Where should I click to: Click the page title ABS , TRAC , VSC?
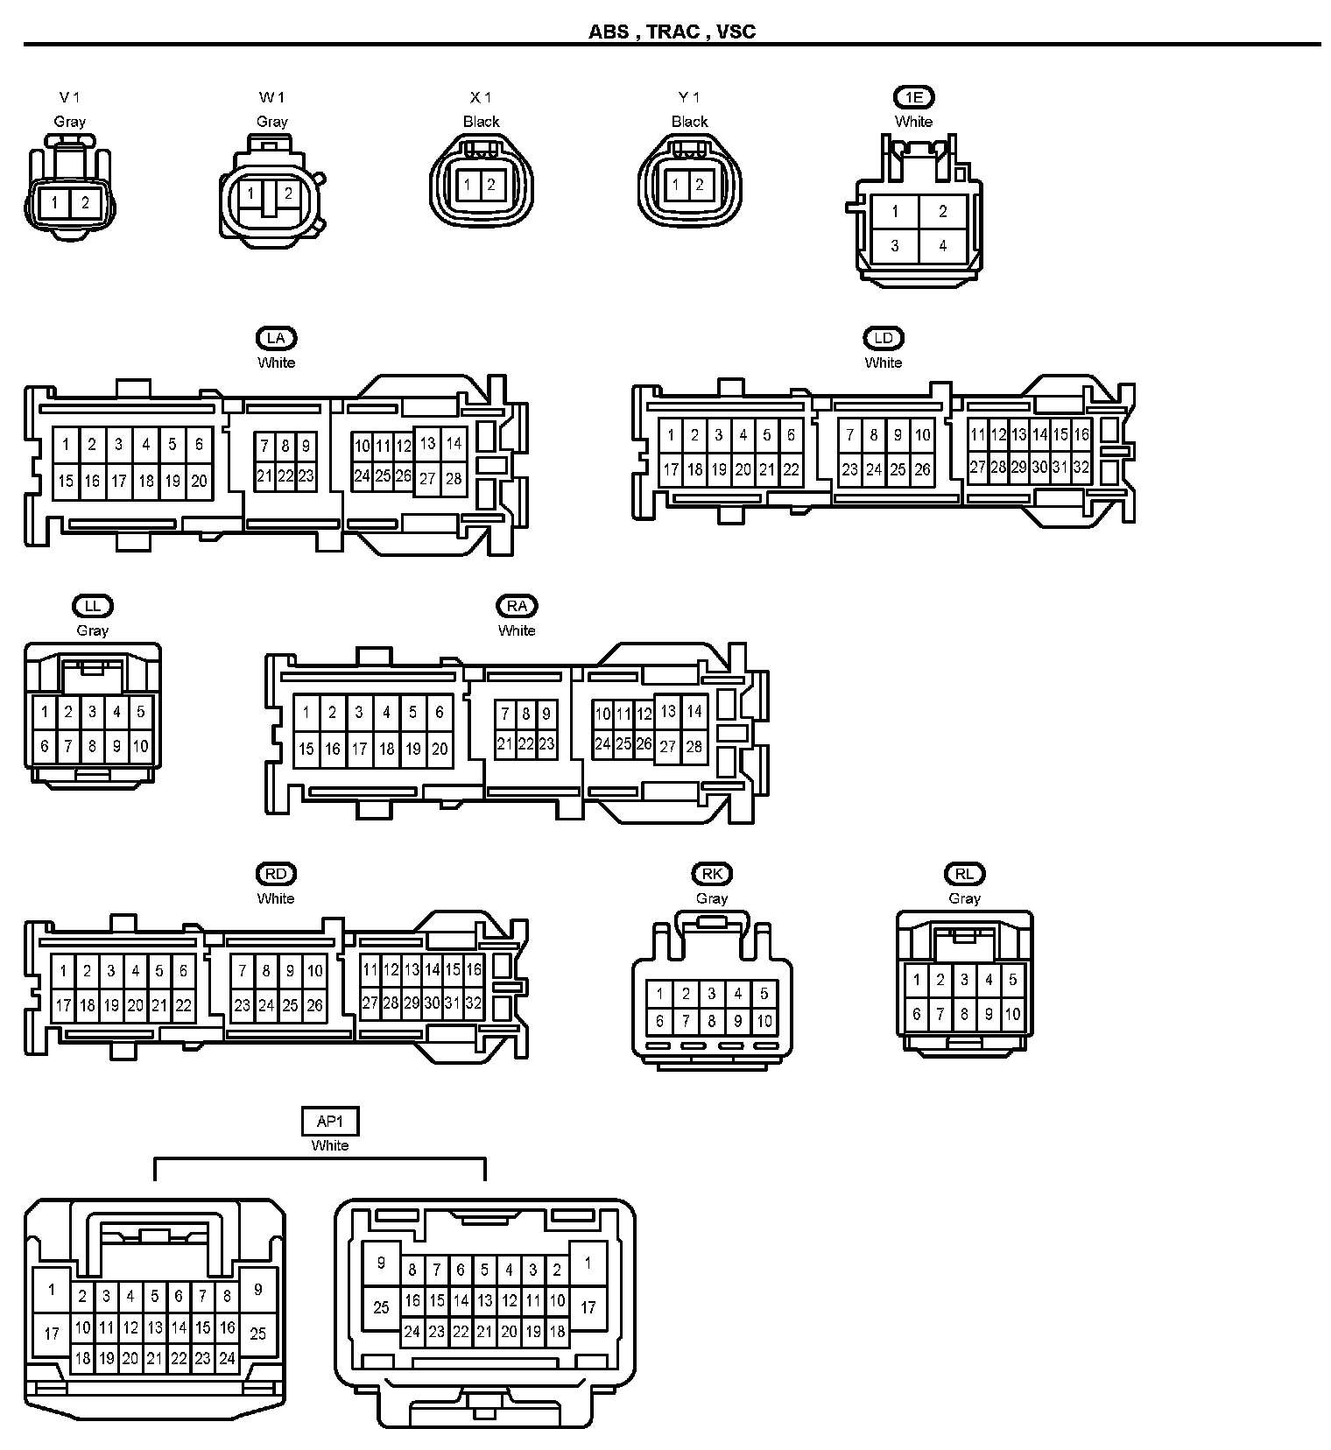672,32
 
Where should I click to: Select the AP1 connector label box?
329,1122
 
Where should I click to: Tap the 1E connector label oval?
913,97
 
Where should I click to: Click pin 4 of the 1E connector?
943,246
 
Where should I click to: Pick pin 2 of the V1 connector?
85,203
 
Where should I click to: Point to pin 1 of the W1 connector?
250,194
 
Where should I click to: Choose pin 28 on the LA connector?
454,479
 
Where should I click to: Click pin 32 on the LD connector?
1081,468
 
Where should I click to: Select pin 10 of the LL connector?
140,747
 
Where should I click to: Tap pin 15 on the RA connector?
306,749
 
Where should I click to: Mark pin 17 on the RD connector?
63,1005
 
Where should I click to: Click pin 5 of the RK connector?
764,994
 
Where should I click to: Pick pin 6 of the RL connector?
917,1015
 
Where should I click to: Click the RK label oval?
711,874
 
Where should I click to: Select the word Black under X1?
481,122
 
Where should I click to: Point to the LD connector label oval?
883,338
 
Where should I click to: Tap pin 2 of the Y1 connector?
699,186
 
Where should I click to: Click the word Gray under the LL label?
92,630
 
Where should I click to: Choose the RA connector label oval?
517,606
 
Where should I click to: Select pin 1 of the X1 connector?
468,186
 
